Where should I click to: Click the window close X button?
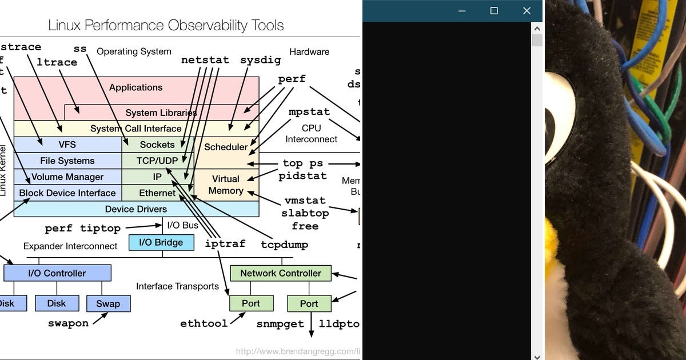(x=527, y=11)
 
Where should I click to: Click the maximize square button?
(x=494, y=11)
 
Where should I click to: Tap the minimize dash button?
(x=461, y=11)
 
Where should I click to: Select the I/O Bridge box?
(x=161, y=242)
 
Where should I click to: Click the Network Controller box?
(x=280, y=273)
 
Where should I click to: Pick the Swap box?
(x=108, y=303)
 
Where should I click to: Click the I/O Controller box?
(x=57, y=273)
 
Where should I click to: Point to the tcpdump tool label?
(x=284, y=245)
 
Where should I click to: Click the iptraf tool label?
(x=225, y=243)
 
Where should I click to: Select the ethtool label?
(x=204, y=323)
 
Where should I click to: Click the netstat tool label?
(x=205, y=60)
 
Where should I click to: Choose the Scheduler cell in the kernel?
(x=226, y=147)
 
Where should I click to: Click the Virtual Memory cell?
(x=226, y=185)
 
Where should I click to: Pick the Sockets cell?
(x=157, y=145)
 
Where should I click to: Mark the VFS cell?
(x=67, y=145)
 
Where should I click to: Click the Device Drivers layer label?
(x=136, y=209)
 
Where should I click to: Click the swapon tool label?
(x=68, y=323)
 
